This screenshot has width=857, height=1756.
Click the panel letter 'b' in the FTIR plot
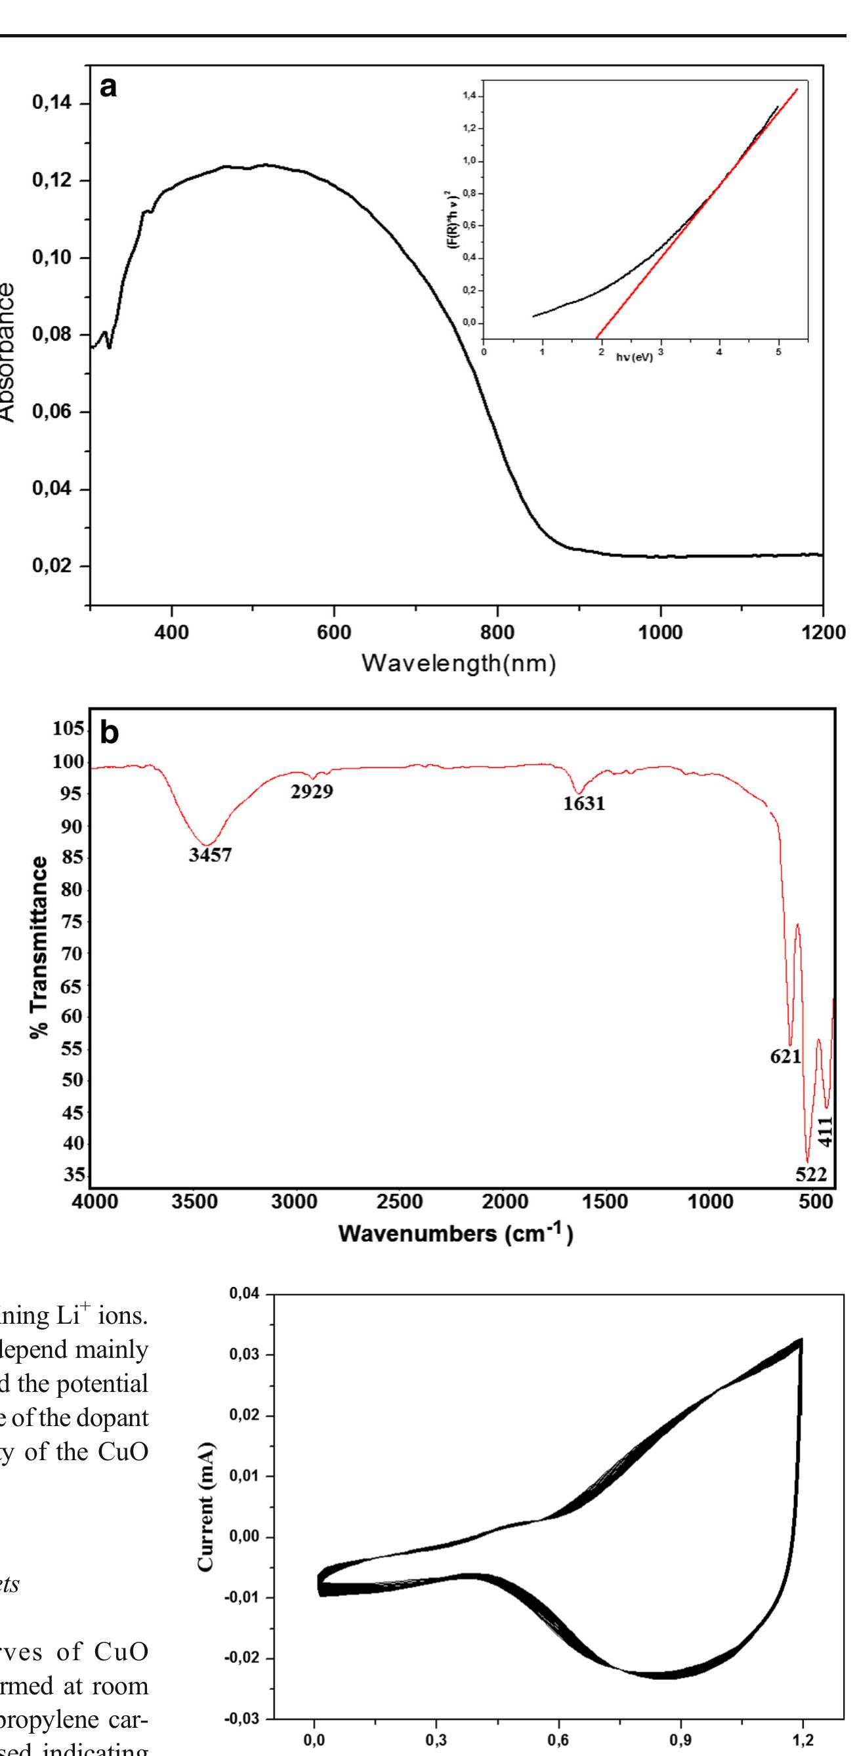coord(109,733)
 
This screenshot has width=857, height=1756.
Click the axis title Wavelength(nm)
coord(458,662)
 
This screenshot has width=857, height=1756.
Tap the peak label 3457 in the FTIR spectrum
coord(210,855)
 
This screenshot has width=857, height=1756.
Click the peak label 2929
coord(312,792)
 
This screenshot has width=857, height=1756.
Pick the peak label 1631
coord(583,804)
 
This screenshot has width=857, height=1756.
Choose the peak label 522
coord(810,1174)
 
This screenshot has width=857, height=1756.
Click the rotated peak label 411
coord(825,1133)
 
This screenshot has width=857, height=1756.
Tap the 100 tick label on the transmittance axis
coord(69,762)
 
